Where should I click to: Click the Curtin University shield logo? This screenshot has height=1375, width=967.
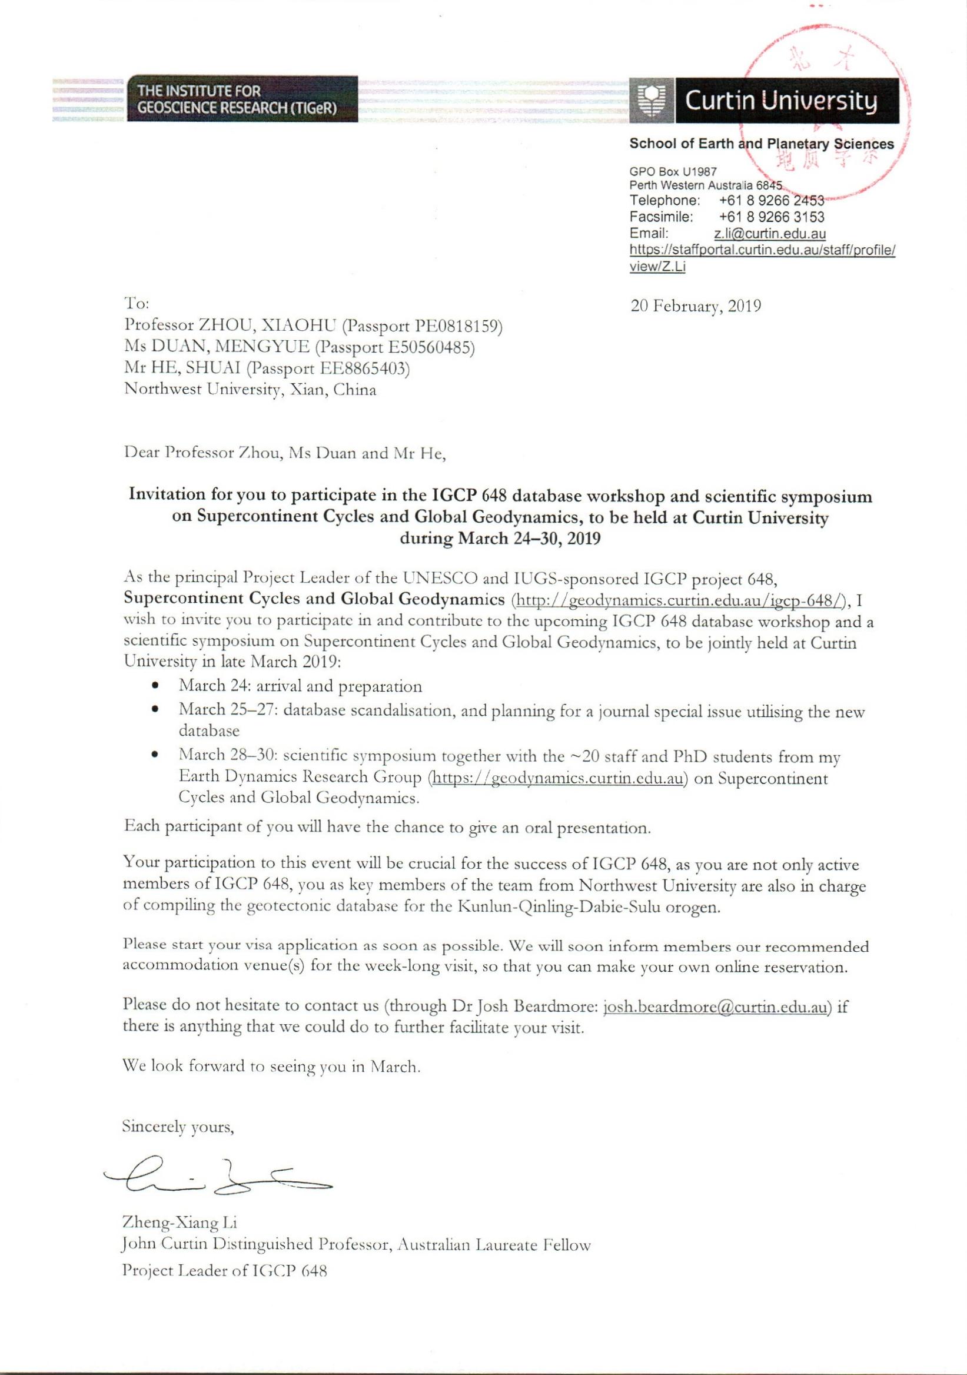pyautogui.click(x=651, y=100)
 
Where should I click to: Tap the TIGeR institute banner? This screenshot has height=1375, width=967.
pyautogui.click(x=242, y=99)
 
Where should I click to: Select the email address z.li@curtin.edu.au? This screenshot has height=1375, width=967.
pyautogui.click(x=769, y=234)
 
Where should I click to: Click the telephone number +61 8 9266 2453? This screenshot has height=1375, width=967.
pyautogui.click(x=771, y=200)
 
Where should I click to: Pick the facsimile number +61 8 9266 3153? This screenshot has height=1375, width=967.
pyautogui.click(x=771, y=217)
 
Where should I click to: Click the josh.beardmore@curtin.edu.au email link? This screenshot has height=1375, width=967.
pyautogui.click(x=717, y=1007)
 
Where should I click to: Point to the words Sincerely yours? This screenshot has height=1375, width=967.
pyautogui.click(x=178, y=1127)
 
